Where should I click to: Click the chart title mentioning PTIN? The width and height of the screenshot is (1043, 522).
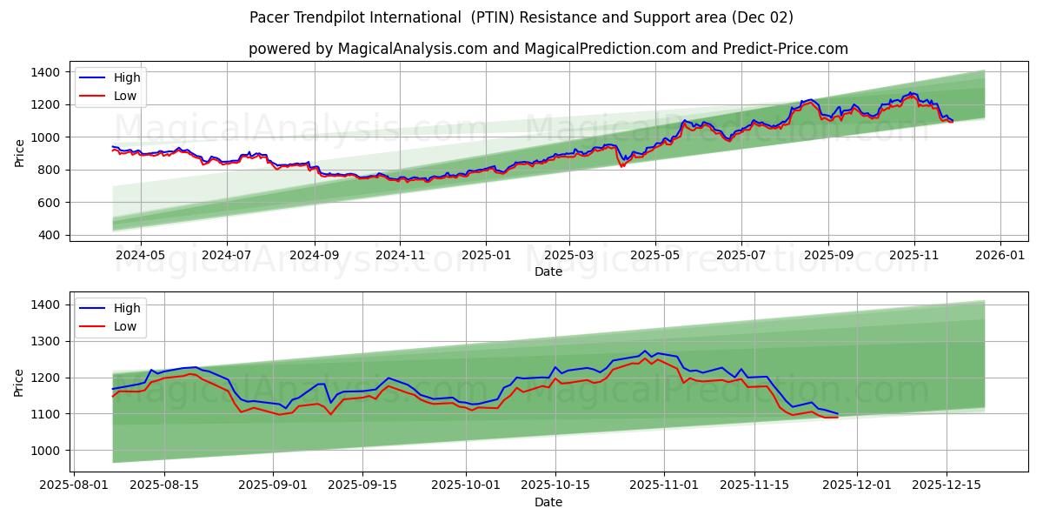click(x=521, y=17)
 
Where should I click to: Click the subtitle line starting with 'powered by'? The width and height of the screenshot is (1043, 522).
click(x=548, y=49)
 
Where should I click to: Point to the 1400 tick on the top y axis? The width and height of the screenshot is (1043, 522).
click(x=46, y=72)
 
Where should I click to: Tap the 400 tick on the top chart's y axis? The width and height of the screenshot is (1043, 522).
click(x=50, y=235)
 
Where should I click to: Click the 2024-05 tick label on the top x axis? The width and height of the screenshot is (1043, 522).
click(x=140, y=255)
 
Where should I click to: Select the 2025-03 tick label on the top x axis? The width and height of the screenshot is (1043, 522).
click(x=569, y=255)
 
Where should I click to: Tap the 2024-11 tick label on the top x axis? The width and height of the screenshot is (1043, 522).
click(x=400, y=255)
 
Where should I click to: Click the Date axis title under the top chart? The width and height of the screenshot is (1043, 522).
click(x=548, y=271)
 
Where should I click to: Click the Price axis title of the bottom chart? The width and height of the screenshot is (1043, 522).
click(x=19, y=382)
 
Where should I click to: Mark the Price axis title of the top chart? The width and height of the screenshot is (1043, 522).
click(x=19, y=151)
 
